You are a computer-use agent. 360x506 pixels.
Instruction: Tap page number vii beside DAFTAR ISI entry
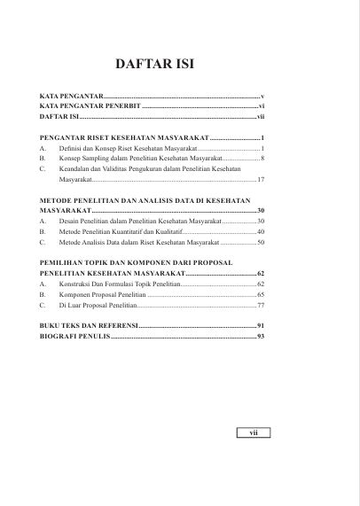pyautogui.click(x=261, y=116)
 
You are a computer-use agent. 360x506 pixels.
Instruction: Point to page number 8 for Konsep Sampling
pyautogui.click(x=263, y=160)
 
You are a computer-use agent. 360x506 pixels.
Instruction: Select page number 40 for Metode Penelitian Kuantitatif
pyautogui.click(x=261, y=231)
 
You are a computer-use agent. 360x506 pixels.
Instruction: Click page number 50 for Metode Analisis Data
pyautogui.click(x=261, y=242)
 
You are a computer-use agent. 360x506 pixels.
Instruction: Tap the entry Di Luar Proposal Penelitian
pyautogui.click(x=98, y=304)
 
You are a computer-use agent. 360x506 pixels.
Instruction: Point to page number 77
pyautogui.click(x=261, y=304)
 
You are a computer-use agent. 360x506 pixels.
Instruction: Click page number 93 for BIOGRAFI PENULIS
pyautogui.click(x=261, y=338)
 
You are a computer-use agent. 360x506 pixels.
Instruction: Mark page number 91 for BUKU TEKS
pyautogui.click(x=261, y=327)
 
